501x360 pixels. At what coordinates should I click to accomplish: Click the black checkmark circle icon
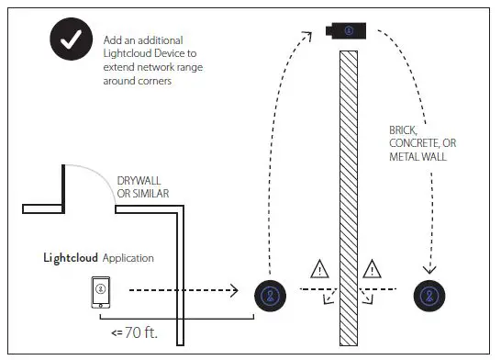70,42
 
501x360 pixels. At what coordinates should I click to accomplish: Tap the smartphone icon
99,292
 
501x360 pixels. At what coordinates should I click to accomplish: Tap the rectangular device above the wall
348,31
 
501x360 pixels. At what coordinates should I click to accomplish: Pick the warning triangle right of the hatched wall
372,270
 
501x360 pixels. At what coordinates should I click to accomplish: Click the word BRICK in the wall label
403,130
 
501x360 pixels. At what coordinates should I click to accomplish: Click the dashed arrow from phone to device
184,293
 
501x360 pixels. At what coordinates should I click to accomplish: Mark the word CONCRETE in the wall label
414,143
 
